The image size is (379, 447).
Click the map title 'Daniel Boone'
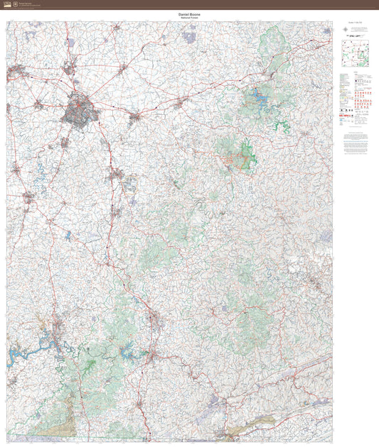188,13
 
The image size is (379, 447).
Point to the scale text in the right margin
356,31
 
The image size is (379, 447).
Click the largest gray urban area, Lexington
78,111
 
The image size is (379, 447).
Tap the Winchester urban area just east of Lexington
134,116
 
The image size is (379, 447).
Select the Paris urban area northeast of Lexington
122,68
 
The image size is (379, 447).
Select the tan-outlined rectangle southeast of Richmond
130,185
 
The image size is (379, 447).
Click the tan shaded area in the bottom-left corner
53,426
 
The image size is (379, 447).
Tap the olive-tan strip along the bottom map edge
235,434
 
